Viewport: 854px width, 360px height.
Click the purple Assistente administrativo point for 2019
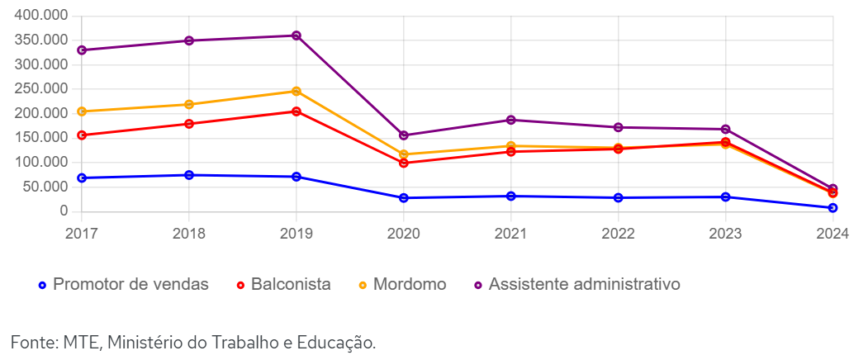tap(297, 36)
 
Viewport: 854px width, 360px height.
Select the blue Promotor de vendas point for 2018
tap(189, 175)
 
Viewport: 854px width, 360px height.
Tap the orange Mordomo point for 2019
tap(297, 91)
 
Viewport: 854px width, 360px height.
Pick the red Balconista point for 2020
tap(404, 163)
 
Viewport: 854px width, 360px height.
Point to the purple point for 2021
tap(511, 120)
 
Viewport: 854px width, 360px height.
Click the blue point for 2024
tap(833, 208)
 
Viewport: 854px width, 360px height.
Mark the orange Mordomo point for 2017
tap(82, 111)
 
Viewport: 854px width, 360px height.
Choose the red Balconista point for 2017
tap(82, 135)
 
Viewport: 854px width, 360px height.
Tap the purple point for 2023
tap(726, 130)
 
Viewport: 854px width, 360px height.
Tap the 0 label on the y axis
tap(63, 211)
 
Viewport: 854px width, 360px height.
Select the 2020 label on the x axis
tap(404, 234)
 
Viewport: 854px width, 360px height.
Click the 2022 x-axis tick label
tap(619, 234)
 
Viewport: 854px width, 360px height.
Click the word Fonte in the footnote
tap(31, 341)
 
